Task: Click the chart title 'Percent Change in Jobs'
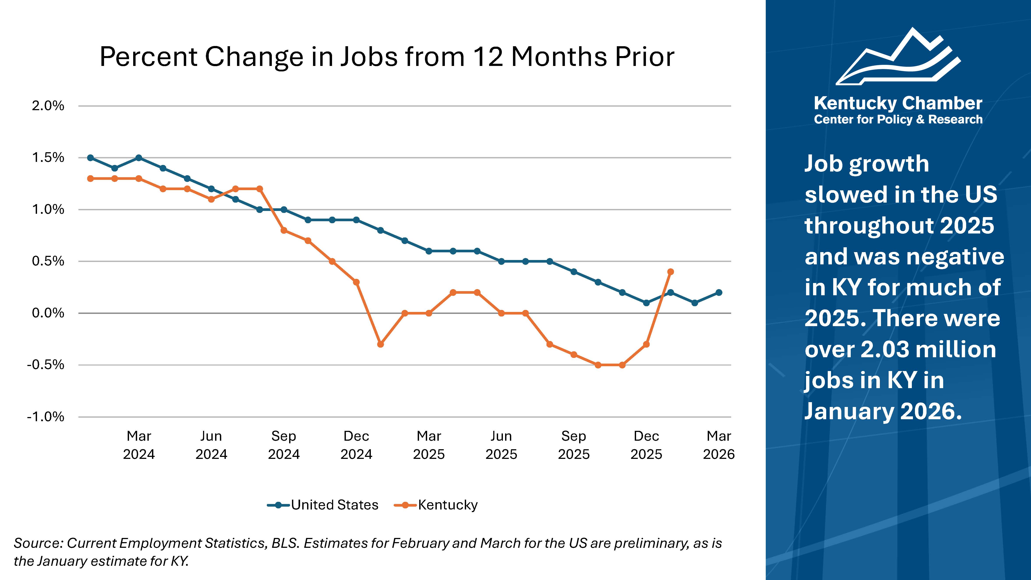point(387,57)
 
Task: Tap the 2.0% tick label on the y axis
point(48,106)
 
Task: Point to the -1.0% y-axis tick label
point(46,417)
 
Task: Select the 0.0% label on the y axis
point(48,313)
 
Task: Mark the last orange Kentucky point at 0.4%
point(671,272)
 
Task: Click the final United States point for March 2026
point(719,293)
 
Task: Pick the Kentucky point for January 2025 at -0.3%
point(381,344)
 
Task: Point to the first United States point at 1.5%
point(90,158)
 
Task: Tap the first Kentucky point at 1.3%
point(90,179)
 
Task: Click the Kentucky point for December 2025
point(646,344)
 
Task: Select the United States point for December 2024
point(356,220)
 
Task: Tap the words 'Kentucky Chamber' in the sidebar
point(898,103)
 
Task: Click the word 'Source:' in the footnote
point(38,543)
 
